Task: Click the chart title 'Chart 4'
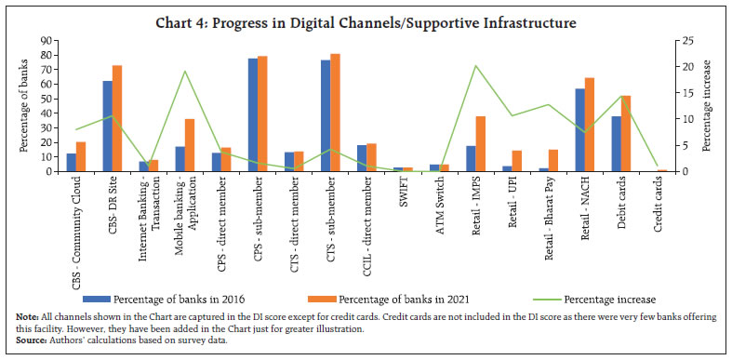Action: tap(366, 20)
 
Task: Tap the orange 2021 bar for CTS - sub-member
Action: tap(335, 113)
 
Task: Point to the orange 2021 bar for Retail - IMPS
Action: tap(480, 143)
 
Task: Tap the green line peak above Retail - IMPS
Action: tap(475, 66)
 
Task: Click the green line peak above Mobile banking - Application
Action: tap(184, 72)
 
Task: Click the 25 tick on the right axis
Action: tap(682, 41)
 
